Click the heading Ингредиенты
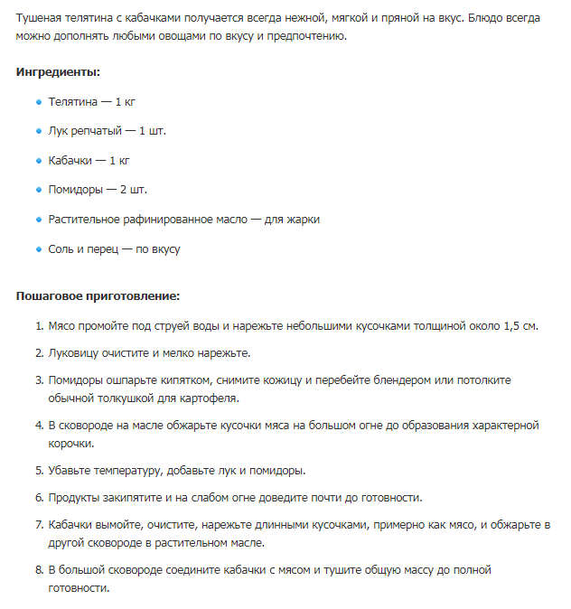pos(58,71)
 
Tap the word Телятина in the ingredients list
pos(73,101)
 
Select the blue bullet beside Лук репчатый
pos(38,131)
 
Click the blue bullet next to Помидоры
pos(38,190)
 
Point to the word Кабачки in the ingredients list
pos(71,160)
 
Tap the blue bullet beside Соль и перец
pos(38,248)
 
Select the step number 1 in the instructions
pos(39,325)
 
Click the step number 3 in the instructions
pos(39,380)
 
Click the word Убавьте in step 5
pos(70,471)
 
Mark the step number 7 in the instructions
pos(39,525)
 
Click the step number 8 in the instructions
pos(39,570)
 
